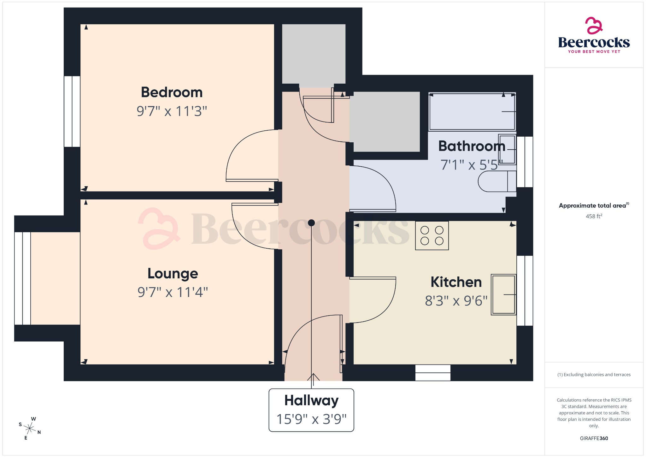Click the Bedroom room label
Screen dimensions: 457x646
click(172, 92)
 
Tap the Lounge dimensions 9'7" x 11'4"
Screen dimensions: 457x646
click(173, 292)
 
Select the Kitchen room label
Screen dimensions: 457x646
click(456, 282)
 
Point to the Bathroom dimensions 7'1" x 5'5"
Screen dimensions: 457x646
click(469, 165)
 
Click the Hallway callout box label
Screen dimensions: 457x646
click(311, 401)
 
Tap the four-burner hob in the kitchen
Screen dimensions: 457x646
click(432, 235)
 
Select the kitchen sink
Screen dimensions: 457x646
click(503, 294)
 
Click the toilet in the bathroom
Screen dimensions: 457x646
click(497, 181)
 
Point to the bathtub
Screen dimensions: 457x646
click(472, 112)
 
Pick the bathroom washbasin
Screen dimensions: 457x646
click(507, 149)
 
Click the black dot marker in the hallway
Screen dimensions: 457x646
click(311, 223)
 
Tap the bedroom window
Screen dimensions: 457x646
click(72, 111)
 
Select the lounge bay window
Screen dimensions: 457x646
click(22, 278)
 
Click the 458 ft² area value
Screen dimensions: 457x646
click(594, 216)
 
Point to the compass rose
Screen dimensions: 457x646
click(30, 428)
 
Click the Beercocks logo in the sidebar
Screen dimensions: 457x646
click(594, 35)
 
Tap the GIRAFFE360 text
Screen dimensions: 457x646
click(594, 438)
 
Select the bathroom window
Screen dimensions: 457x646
click(525, 162)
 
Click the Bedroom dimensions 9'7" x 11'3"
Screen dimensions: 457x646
click(172, 111)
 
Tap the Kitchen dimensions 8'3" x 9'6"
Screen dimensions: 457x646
click(456, 301)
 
